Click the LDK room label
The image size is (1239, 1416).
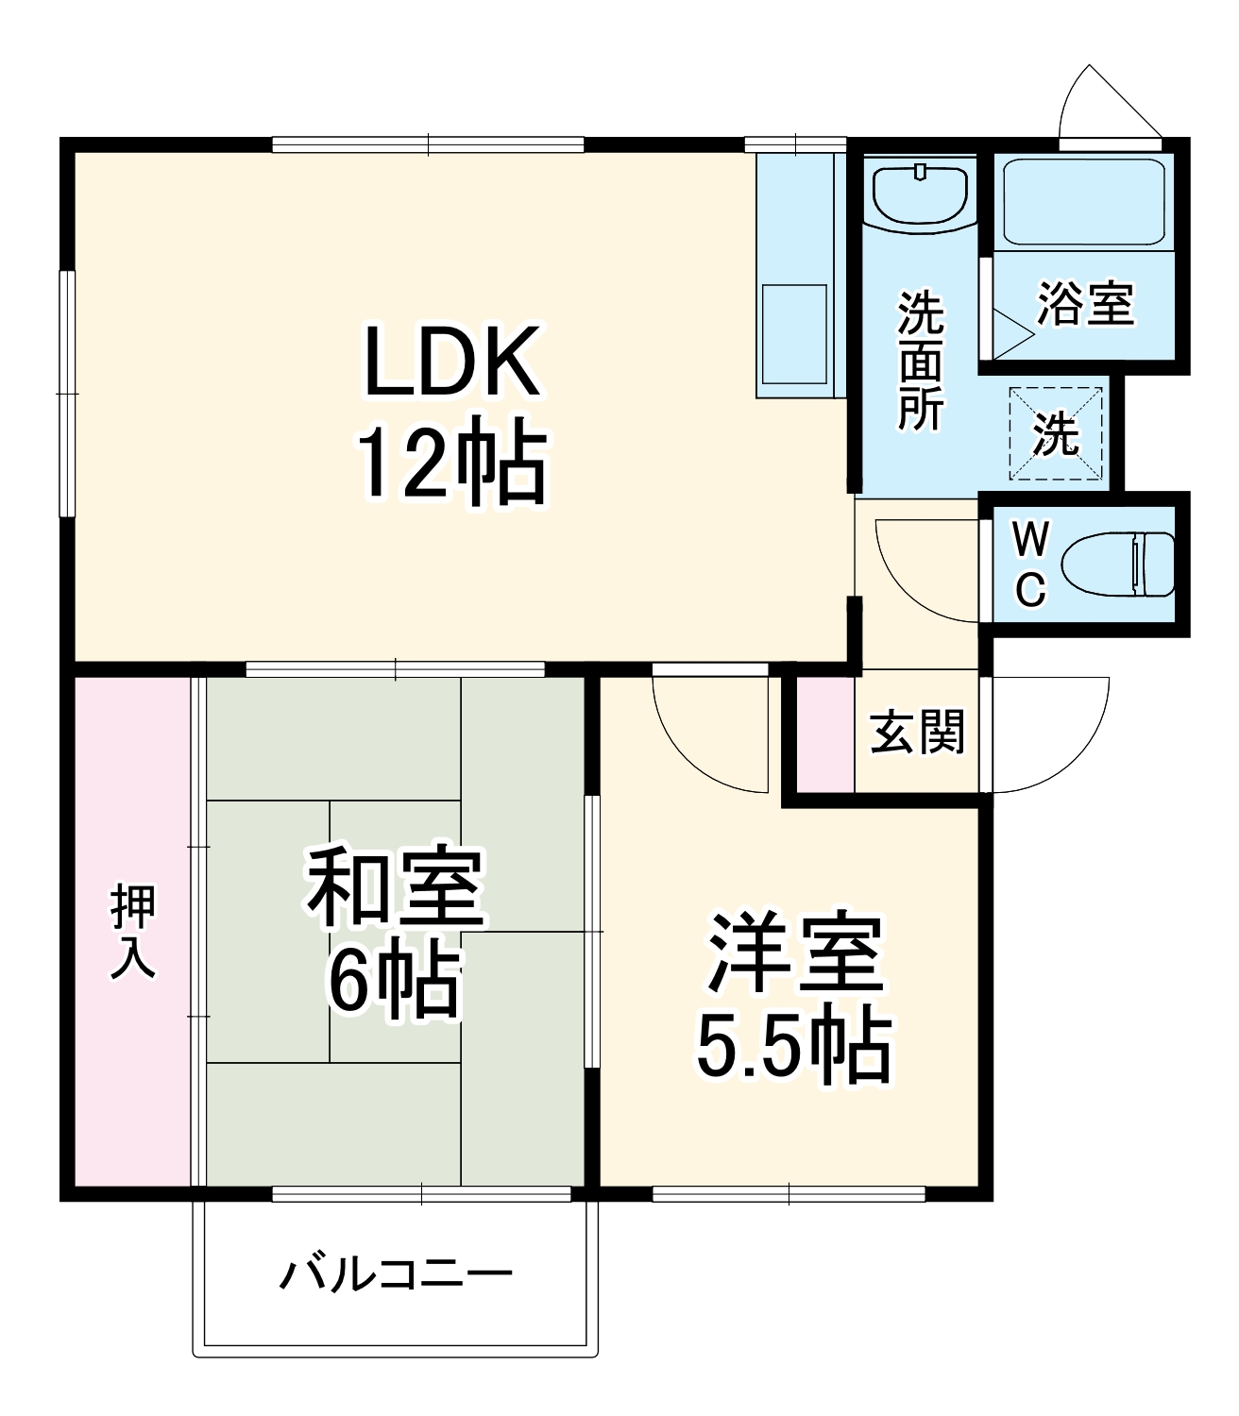pyautogui.click(x=452, y=362)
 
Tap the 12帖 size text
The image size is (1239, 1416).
pyautogui.click(x=450, y=464)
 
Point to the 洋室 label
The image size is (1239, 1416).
pyautogui.click(x=796, y=952)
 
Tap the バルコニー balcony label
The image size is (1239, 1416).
pyautogui.click(x=396, y=1274)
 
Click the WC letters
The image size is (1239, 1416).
pyautogui.click(x=1030, y=565)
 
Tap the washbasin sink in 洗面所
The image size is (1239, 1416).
pyautogui.click(x=920, y=192)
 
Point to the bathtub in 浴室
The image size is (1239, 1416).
pyautogui.click(x=1082, y=203)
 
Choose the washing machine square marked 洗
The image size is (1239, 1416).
pyautogui.click(x=1056, y=433)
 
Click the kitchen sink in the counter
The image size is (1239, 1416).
pyautogui.click(x=793, y=333)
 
